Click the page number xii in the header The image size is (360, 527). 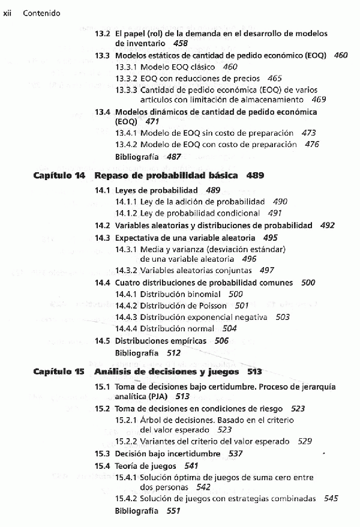(8, 13)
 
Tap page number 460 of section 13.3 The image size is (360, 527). (340, 55)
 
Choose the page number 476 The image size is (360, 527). (311, 145)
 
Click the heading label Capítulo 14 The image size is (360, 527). (59, 176)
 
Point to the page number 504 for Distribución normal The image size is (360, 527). (229, 328)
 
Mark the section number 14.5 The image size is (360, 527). (102, 341)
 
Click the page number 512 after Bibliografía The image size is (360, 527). (173, 353)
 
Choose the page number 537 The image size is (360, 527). (236, 453)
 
